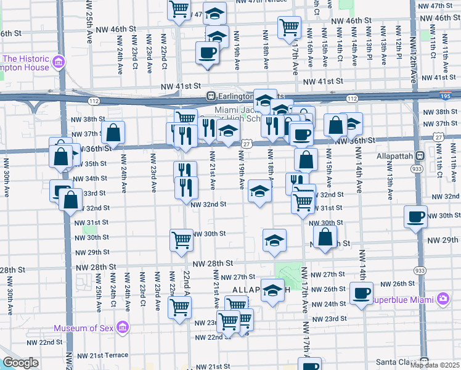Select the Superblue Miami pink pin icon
coord(444,300)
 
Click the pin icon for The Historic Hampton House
coord(59,61)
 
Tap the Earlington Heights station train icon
coord(211,97)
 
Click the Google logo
coord(21,363)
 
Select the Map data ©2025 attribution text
coord(434,365)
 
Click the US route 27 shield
coord(245,143)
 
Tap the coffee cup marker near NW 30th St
coord(415,216)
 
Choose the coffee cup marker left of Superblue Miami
coord(361,293)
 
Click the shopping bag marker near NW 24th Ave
coord(113,133)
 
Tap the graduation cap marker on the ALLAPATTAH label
coord(272,290)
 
